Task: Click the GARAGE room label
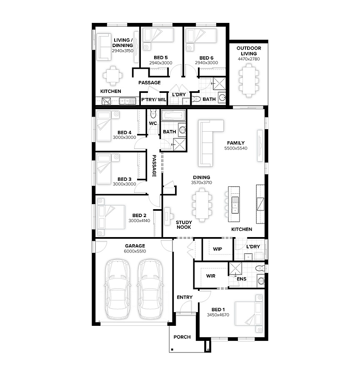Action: pyautogui.click(x=135, y=246)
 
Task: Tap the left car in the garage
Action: pyautogui.click(x=117, y=290)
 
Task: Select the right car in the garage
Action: pyautogui.click(x=150, y=290)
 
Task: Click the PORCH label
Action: pyautogui.click(x=182, y=337)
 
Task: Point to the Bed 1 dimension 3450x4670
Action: pyautogui.click(x=218, y=315)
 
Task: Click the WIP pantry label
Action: pyautogui.click(x=217, y=249)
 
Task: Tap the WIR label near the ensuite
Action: pyautogui.click(x=211, y=276)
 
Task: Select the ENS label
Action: pyautogui.click(x=242, y=279)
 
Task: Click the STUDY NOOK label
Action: pyautogui.click(x=184, y=225)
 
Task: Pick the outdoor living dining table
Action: pyautogui.click(x=249, y=80)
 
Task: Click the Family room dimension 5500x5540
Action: pyautogui.click(x=235, y=148)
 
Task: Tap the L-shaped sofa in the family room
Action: pyautogui.click(x=210, y=143)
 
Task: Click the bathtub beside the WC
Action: pyautogui.click(x=173, y=115)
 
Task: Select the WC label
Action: pyautogui.click(x=153, y=123)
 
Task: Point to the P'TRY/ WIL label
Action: pyautogui.click(x=154, y=100)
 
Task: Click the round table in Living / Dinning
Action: pyautogui.click(x=112, y=75)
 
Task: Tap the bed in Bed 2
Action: pyautogui.click(x=111, y=217)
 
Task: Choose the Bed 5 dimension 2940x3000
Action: pyautogui.click(x=161, y=63)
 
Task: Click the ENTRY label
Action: pyautogui.click(x=185, y=297)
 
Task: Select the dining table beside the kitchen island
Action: pyautogui.click(x=202, y=205)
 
